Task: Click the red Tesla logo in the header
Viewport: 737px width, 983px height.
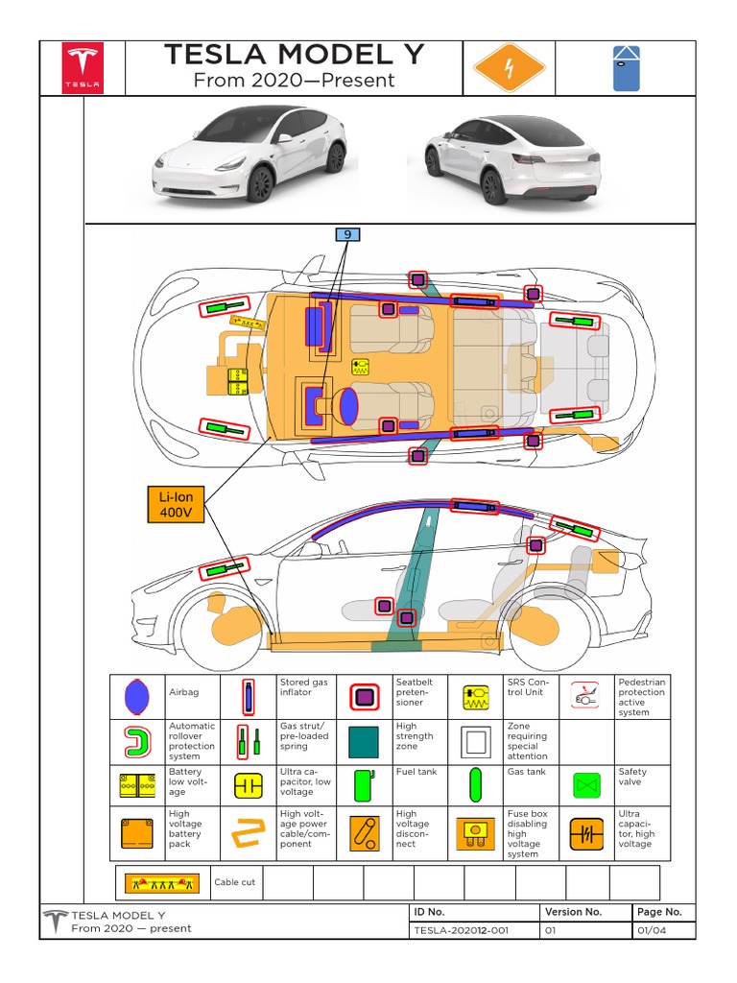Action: [x=82, y=68]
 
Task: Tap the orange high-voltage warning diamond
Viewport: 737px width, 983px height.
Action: [x=510, y=68]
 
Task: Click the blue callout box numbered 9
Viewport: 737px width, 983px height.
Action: [x=345, y=233]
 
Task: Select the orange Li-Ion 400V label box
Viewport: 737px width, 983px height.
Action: [x=176, y=505]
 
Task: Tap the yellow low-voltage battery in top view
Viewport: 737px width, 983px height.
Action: [x=236, y=381]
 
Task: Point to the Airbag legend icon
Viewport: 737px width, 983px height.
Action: [x=138, y=697]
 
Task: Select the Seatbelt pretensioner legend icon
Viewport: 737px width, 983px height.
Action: [x=363, y=697]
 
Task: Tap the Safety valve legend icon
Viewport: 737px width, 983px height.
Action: [x=586, y=785]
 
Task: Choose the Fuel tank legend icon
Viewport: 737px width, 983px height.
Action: [x=363, y=785]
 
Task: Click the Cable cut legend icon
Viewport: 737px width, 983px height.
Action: [x=158, y=881]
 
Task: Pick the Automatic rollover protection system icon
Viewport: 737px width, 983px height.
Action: [x=138, y=741]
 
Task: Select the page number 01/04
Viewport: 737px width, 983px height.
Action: [x=649, y=929]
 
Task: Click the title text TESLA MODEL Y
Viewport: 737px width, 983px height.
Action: [x=294, y=56]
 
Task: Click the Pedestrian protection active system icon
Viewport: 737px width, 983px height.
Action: [x=586, y=697]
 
